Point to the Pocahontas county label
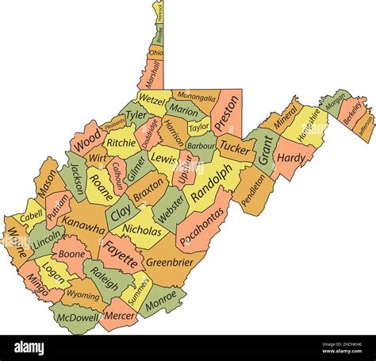[x=200, y=224]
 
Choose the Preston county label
[x=227, y=117]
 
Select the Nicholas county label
[x=141, y=231]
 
